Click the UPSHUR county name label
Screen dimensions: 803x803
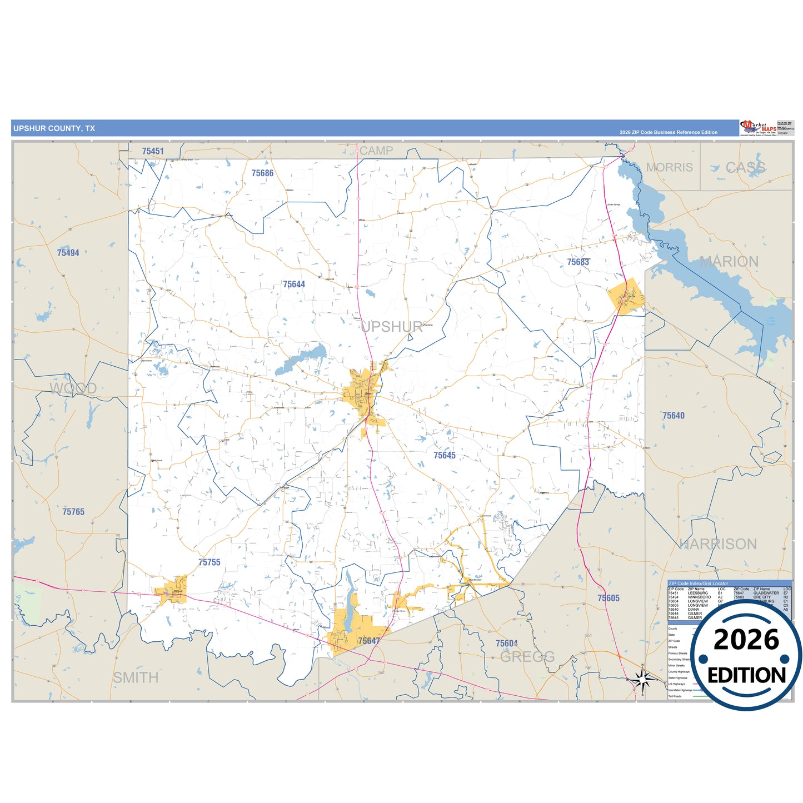(392, 327)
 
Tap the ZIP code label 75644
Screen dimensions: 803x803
(294, 285)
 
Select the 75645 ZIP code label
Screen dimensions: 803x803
(445, 456)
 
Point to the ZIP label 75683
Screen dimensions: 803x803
(578, 262)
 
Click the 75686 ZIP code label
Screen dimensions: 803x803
(262, 173)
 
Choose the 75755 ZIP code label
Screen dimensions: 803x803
(210, 562)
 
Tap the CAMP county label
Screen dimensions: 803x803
(376, 151)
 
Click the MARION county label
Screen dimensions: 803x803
(729, 262)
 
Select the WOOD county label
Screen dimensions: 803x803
(73, 388)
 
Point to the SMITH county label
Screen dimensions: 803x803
(136, 678)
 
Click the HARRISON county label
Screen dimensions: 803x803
(717, 544)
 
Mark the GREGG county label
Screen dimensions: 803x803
(527, 657)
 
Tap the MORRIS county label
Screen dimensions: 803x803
(669, 167)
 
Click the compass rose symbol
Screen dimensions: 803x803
(643, 679)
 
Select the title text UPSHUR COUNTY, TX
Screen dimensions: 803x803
(54, 128)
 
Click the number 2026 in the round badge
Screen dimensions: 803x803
(746, 640)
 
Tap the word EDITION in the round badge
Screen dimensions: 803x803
(746, 675)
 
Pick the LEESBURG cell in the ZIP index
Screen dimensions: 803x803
(698, 593)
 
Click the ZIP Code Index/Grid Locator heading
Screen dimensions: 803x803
(698, 583)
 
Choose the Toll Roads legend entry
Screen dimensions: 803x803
(675, 696)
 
